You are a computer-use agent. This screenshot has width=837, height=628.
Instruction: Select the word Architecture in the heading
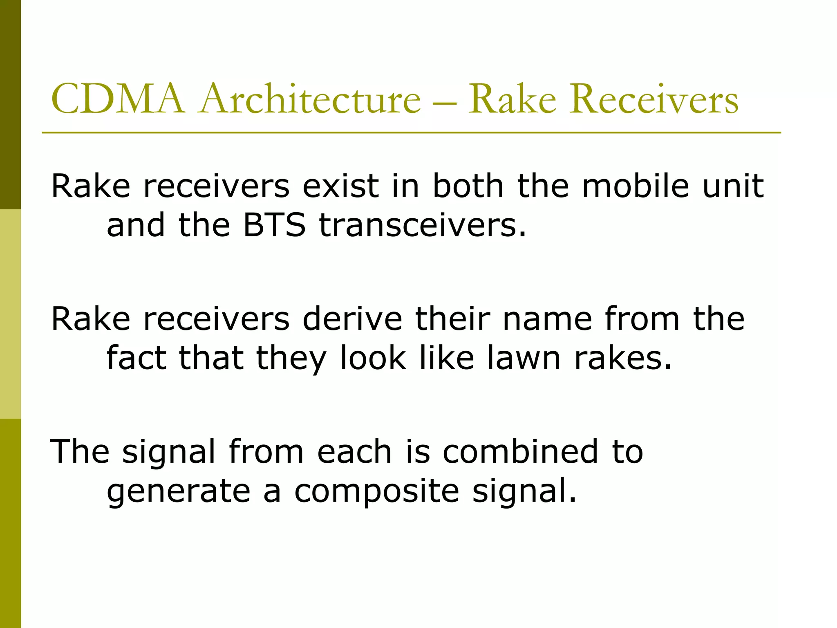(x=310, y=99)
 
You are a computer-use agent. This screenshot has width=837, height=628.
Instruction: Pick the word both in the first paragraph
(x=468, y=186)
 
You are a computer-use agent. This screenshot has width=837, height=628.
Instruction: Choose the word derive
(x=352, y=319)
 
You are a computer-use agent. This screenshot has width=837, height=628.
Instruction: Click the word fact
(x=137, y=358)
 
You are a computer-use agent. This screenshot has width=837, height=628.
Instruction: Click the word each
(x=355, y=452)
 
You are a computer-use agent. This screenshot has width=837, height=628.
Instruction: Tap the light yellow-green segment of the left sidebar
(x=10, y=314)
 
